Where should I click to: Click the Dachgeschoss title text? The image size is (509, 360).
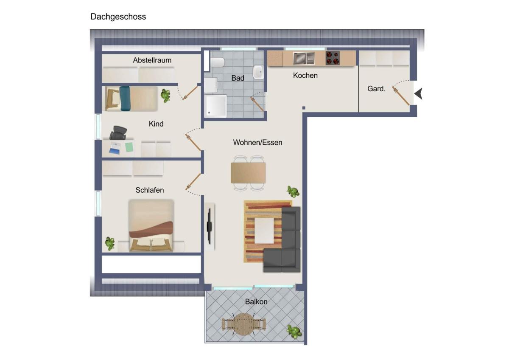click(118, 17)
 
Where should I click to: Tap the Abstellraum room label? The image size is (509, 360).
click(152, 60)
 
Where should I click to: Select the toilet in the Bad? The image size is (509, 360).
click(218, 62)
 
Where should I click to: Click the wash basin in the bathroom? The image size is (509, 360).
click(258, 72)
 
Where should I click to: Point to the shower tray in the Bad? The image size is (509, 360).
click(216, 106)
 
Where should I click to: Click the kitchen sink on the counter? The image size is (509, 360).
click(304, 58)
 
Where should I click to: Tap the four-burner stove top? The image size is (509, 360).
click(333, 58)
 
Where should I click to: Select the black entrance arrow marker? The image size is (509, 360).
click(418, 93)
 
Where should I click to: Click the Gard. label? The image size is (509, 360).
click(376, 89)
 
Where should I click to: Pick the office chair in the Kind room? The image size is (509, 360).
click(118, 132)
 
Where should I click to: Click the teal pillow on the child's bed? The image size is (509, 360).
click(125, 98)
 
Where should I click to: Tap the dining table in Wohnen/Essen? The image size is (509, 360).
click(248, 173)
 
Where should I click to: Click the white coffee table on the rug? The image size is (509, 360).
click(264, 231)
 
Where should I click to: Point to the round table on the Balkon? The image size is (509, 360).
click(243, 324)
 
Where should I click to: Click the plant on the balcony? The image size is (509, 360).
click(294, 331)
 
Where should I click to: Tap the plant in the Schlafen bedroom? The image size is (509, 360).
click(110, 244)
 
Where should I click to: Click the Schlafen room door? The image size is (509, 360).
click(193, 182)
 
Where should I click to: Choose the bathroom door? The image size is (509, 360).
click(257, 104)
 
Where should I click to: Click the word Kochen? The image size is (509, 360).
click(305, 76)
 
